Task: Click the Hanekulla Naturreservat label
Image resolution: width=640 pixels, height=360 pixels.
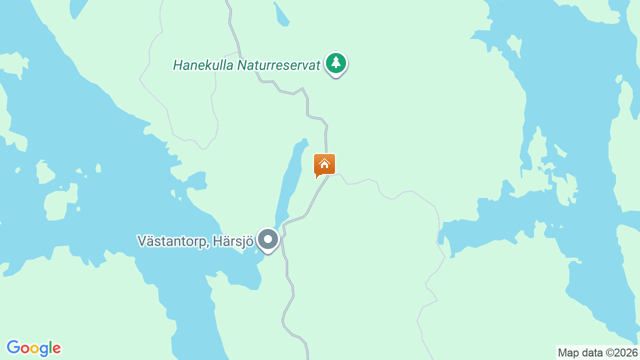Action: coord(246,65)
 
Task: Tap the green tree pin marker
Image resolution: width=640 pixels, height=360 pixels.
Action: coord(336,63)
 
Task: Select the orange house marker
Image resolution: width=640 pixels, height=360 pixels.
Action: coord(324,164)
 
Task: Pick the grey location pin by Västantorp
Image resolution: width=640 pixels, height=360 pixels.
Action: coord(268,239)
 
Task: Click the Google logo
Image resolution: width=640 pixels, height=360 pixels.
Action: coord(33,348)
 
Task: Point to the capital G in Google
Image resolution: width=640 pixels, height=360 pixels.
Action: coord(13,347)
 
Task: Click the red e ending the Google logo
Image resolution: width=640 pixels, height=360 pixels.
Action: coord(56,348)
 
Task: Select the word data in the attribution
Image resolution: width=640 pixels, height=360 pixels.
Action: coord(592,353)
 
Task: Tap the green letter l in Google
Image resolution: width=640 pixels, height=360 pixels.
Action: coord(50,347)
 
